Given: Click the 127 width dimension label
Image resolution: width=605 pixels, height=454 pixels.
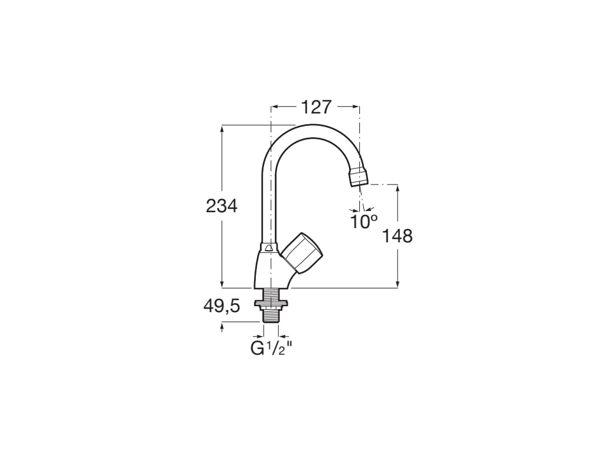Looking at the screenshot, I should coord(316,108).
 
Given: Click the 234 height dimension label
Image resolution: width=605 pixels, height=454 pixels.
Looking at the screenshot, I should coord(222,206).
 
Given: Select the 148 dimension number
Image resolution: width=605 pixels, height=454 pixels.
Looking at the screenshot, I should coord(397,236).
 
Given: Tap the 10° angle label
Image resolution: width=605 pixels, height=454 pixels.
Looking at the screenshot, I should coord(363,222).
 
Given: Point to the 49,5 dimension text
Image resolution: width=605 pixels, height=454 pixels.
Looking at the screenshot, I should coord(222,306).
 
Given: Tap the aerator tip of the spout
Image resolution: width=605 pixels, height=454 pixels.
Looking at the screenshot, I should coord(359,177).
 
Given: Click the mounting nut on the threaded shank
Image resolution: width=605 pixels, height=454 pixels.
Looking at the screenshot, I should coord(271,304).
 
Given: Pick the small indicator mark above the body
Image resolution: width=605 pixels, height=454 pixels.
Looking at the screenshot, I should coord(269,248).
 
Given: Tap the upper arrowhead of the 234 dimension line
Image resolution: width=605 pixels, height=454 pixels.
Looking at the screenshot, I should coord(222,128).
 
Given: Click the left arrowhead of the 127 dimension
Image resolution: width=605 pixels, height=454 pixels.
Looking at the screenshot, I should coord(274,107).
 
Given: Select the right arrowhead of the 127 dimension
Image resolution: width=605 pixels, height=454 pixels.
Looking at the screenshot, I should coord(356,107).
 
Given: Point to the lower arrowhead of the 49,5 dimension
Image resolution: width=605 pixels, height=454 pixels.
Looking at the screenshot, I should coord(222,325).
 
